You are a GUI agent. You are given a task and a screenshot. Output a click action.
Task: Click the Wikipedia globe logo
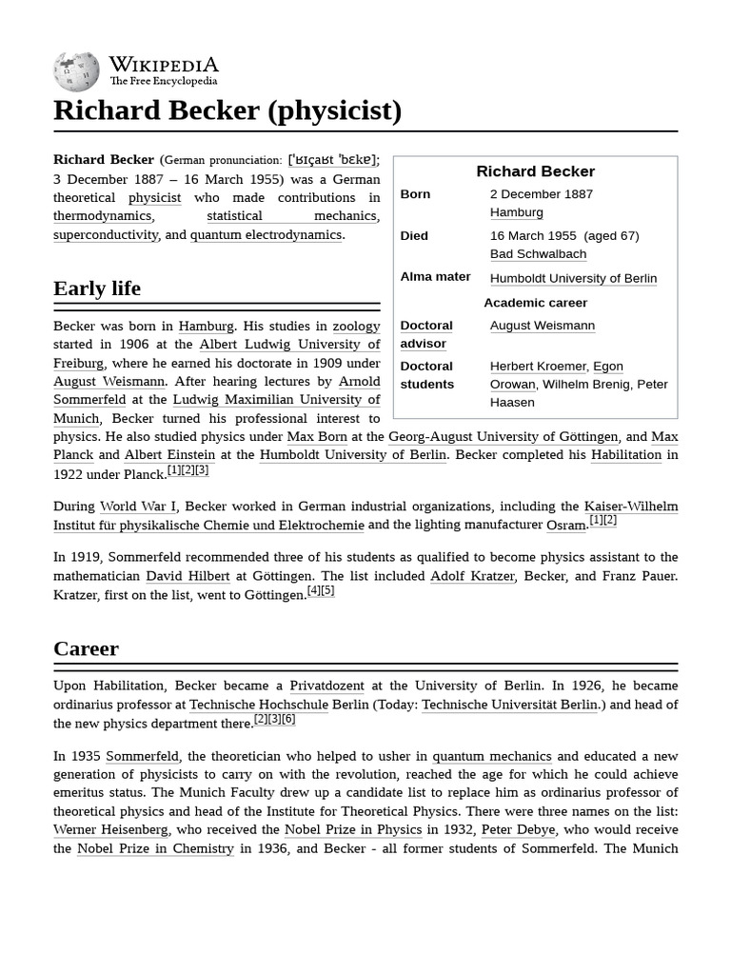(x=76, y=70)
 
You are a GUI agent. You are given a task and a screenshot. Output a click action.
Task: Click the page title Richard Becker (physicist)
(x=227, y=110)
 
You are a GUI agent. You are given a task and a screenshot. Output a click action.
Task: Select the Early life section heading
(x=97, y=289)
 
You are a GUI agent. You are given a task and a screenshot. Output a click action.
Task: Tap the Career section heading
(x=87, y=648)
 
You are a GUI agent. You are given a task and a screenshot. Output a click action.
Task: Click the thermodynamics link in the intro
(x=102, y=216)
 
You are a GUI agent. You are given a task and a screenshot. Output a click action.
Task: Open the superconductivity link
(x=106, y=234)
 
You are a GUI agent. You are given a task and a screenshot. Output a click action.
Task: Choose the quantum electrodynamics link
(x=266, y=234)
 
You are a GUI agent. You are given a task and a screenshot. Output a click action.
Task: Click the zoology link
(x=356, y=326)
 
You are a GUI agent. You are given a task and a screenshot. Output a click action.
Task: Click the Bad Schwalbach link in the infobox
(x=538, y=254)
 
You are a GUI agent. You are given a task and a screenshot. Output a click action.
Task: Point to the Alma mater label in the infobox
(x=435, y=277)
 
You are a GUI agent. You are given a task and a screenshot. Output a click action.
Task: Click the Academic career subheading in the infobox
(x=535, y=303)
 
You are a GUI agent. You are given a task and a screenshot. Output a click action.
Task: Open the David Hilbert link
(x=188, y=576)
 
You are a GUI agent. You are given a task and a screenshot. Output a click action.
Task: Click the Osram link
(x=565, y=525)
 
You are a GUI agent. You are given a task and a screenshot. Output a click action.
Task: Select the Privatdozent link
(x=326, y=686)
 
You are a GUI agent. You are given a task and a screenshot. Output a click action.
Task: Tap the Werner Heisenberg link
(x=110, y=829)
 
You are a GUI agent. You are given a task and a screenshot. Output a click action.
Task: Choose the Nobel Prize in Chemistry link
(x=155, y=847)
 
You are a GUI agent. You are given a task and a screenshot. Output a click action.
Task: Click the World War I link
(x=138, y=507)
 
